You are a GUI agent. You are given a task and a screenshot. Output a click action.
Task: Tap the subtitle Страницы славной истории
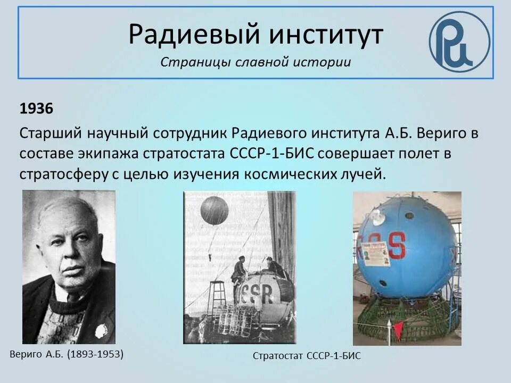pos(256,62)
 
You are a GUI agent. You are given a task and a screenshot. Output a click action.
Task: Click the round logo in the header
pos(459,41)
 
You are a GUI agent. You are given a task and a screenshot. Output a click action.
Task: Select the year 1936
pos(36,109)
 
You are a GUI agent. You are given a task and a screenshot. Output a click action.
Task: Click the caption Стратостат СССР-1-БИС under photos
pos(306,356)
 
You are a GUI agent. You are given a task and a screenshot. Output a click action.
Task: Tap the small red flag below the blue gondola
pos(397,329)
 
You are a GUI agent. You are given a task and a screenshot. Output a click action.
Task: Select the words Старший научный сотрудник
pos(123,133)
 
